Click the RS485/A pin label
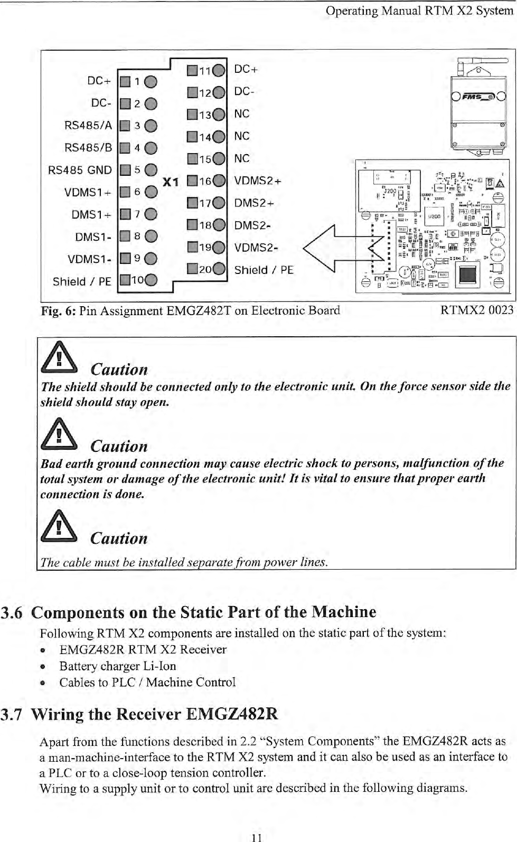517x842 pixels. click(x=88, y=126)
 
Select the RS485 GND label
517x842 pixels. click(x=80, y=170)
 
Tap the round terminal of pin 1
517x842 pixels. click(x=150, y=81)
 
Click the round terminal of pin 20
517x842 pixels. click(x=219, y=269)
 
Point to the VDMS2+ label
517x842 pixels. click(x=258, y=181)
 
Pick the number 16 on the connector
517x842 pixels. click(x=205, y=181)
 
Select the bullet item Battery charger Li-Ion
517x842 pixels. click(x=118, y=666)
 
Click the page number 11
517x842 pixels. click(x=257, y=837)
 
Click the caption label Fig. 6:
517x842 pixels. click(x=59, y=310)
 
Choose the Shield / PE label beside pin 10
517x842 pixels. click(x=82, y=281)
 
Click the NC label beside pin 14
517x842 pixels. click(x=242, y=136)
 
